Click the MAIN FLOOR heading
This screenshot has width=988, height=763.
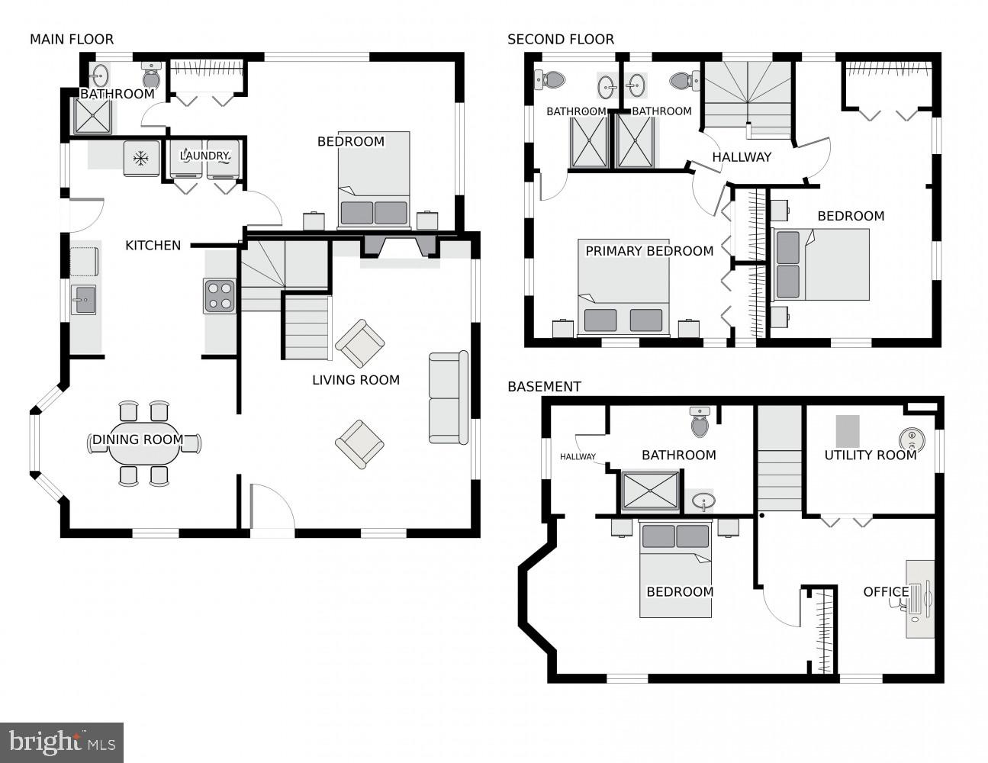(x=72, y=39)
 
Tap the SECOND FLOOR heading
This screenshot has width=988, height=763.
(x=560, y=39)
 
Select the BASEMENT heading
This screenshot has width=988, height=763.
(x=544, y=387)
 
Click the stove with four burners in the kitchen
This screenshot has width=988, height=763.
(x=219, y=296)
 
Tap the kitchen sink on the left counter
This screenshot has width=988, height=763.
(x=83, y=300)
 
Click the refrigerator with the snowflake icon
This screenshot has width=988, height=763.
(x=141, y=158)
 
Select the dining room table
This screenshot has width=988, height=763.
(x=144, y=444)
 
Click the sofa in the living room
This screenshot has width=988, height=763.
(x=449, y=398)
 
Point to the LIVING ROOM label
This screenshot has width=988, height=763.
(x=356, y=380)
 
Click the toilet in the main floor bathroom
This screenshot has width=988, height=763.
(x=151, y=76)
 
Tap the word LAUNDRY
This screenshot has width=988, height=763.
(x=204, y=156)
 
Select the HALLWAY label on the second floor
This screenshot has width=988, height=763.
(x=742, y=157)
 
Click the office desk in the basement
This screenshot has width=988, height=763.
(x=920, y=599)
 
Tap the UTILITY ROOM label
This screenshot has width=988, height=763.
(x=870, y=456)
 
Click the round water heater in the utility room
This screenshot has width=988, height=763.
(x=910, y=439)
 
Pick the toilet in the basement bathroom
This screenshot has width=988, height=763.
(x=700, y=421)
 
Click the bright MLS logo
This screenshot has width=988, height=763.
(x=62, y=742)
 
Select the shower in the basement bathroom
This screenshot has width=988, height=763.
(x=650, y=491)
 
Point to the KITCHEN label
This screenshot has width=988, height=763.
(x=153, y=245)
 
